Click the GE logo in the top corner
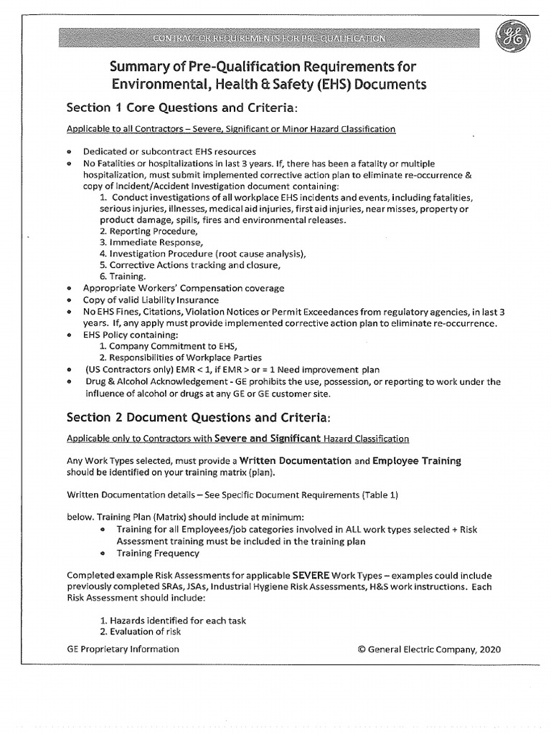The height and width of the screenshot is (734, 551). point(514,35)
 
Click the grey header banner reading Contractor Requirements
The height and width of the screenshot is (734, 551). point(270,37)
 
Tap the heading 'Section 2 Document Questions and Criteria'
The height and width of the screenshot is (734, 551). point(198,417)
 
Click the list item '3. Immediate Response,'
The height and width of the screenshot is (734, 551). point(151,243)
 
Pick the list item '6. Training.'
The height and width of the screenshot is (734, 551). point(123,276)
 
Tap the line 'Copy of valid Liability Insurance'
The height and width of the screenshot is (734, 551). point(151,300)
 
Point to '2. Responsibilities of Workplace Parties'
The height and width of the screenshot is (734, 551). point(181,358)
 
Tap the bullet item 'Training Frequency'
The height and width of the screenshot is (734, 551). point(158,553)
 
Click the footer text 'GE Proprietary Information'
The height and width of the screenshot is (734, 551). point(123,649)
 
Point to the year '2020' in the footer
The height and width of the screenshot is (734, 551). point(487,649)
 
